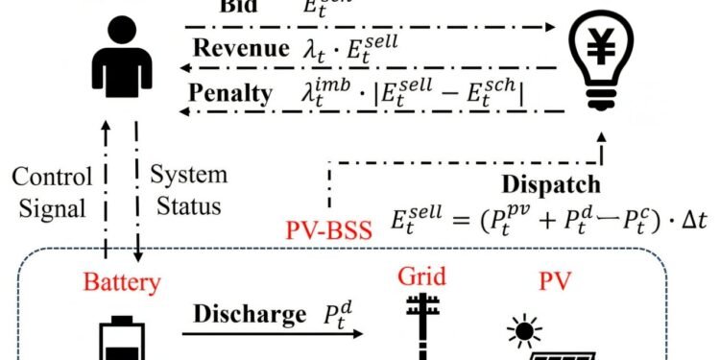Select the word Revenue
coord(239,49)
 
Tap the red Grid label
coord(422,278)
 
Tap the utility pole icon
coord(422,331)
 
